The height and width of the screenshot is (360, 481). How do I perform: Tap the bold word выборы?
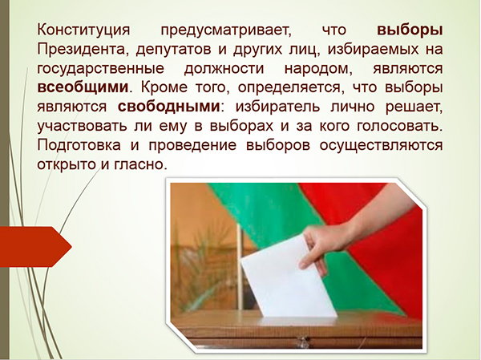point(410,30)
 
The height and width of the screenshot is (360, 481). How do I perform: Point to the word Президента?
point(81,50)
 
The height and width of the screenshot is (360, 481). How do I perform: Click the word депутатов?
point(174,50)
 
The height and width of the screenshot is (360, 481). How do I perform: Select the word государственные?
point(101,69)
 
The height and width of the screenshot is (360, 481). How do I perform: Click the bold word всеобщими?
point(83,87)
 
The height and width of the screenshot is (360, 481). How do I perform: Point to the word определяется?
point(289,88)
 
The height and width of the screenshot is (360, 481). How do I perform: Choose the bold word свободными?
point(169,107)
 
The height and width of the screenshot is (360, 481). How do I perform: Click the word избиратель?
point(278,107)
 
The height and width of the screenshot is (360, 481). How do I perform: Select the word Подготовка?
point(79,145)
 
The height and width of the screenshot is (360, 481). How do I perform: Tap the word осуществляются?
point(382,145)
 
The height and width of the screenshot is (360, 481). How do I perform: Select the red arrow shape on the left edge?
point(35,247)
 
